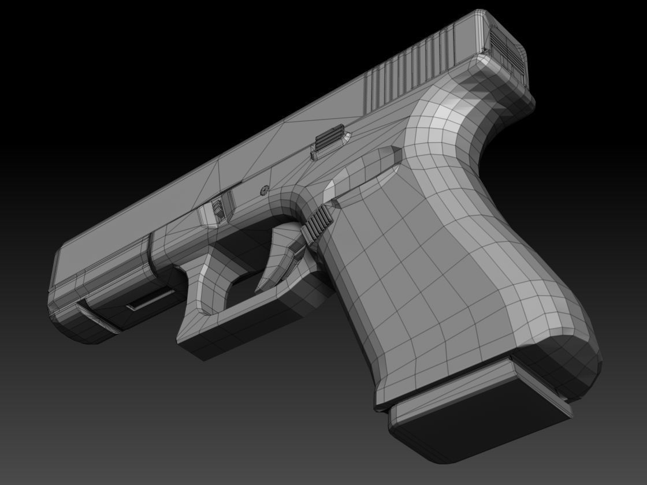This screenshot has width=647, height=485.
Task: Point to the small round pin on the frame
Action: click(x=265, y=189)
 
